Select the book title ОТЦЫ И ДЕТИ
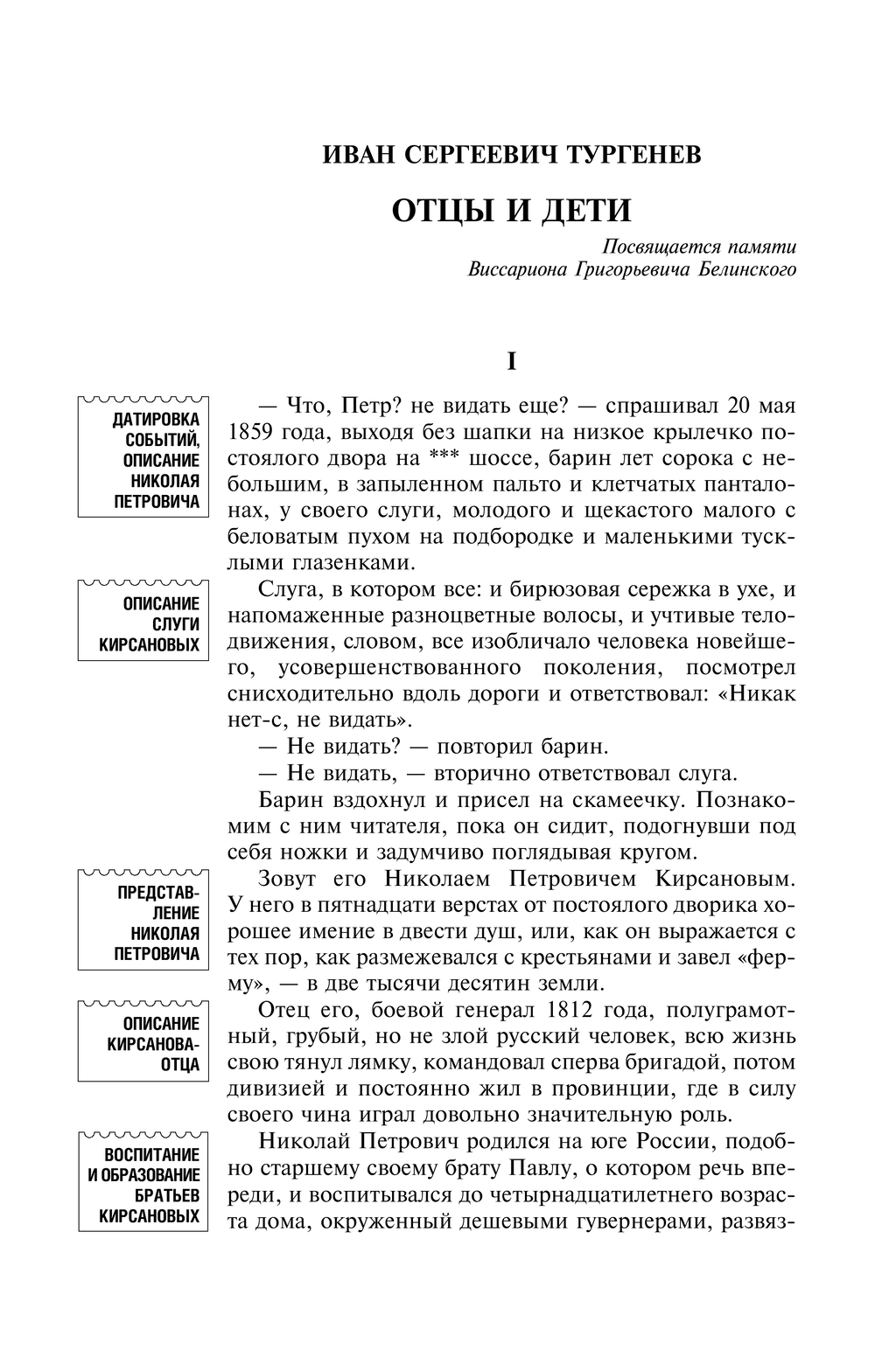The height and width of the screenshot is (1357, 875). pos(511,210)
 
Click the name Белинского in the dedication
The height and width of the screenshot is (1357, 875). pos(751,269)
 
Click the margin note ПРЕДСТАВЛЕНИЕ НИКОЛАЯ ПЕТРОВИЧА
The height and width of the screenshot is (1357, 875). pos(143,922)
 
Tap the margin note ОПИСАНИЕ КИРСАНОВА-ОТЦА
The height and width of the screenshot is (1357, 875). pos(143,1044)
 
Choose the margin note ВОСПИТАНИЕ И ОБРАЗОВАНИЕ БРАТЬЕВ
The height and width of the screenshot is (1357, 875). pos(143,1185)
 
